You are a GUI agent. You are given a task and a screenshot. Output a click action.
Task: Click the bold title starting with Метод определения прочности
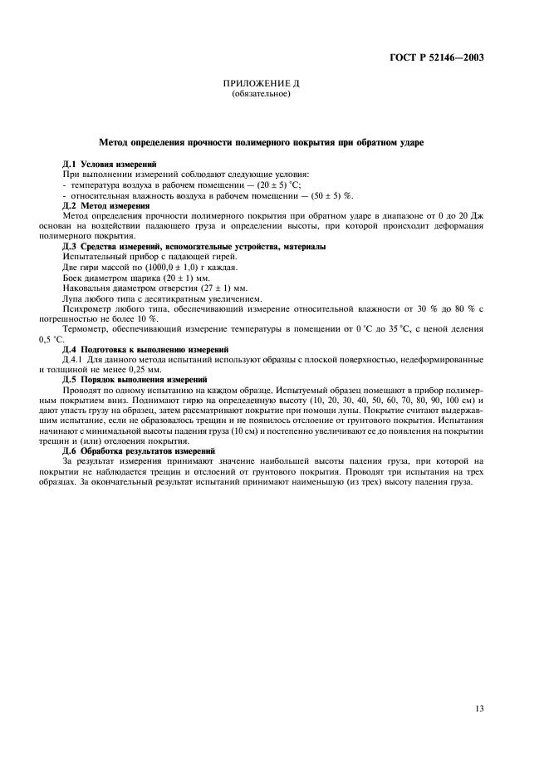[x=262, y=143]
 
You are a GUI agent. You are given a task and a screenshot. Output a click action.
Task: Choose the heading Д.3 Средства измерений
[x=194, y=247]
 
